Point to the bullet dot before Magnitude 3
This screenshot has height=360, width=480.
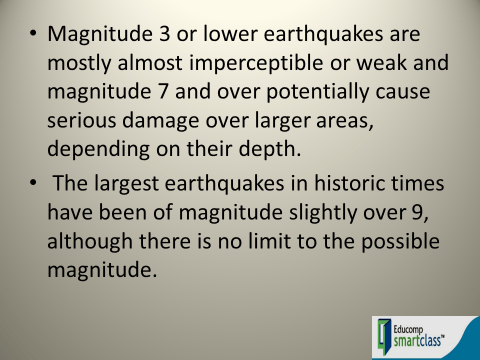pos(32,35)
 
